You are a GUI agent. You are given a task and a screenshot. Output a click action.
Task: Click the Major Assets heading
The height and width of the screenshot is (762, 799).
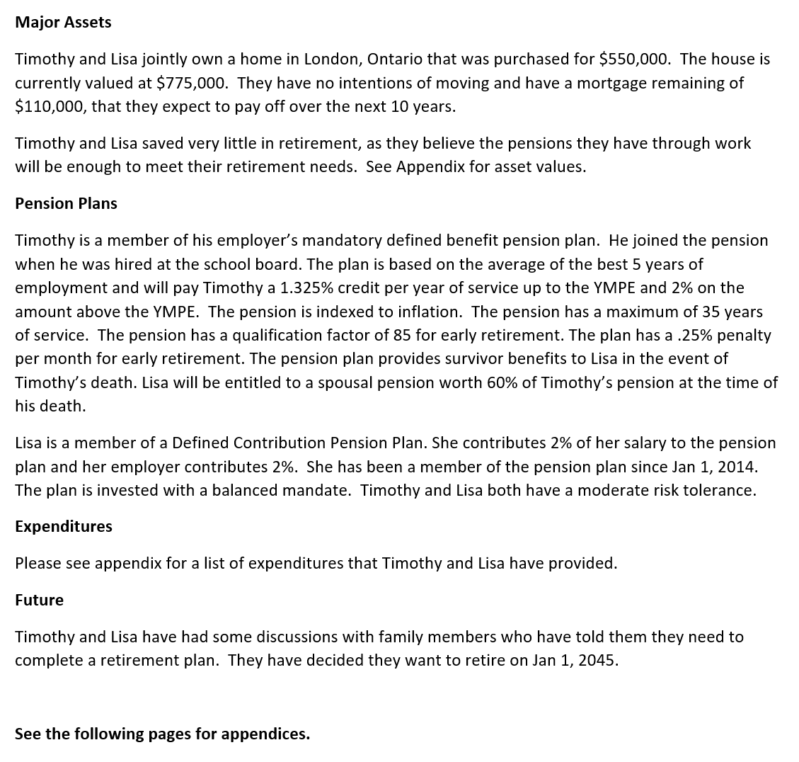pos(63,22)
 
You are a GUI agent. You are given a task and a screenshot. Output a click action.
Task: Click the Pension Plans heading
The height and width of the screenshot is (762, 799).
pos(66,203)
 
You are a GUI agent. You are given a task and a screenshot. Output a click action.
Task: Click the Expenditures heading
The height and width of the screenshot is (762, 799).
pos(63,526)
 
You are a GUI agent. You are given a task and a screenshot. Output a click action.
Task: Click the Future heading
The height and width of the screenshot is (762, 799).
pos(39,600)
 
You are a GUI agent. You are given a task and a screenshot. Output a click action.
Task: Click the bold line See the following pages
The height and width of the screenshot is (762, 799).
pos(162,734)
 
